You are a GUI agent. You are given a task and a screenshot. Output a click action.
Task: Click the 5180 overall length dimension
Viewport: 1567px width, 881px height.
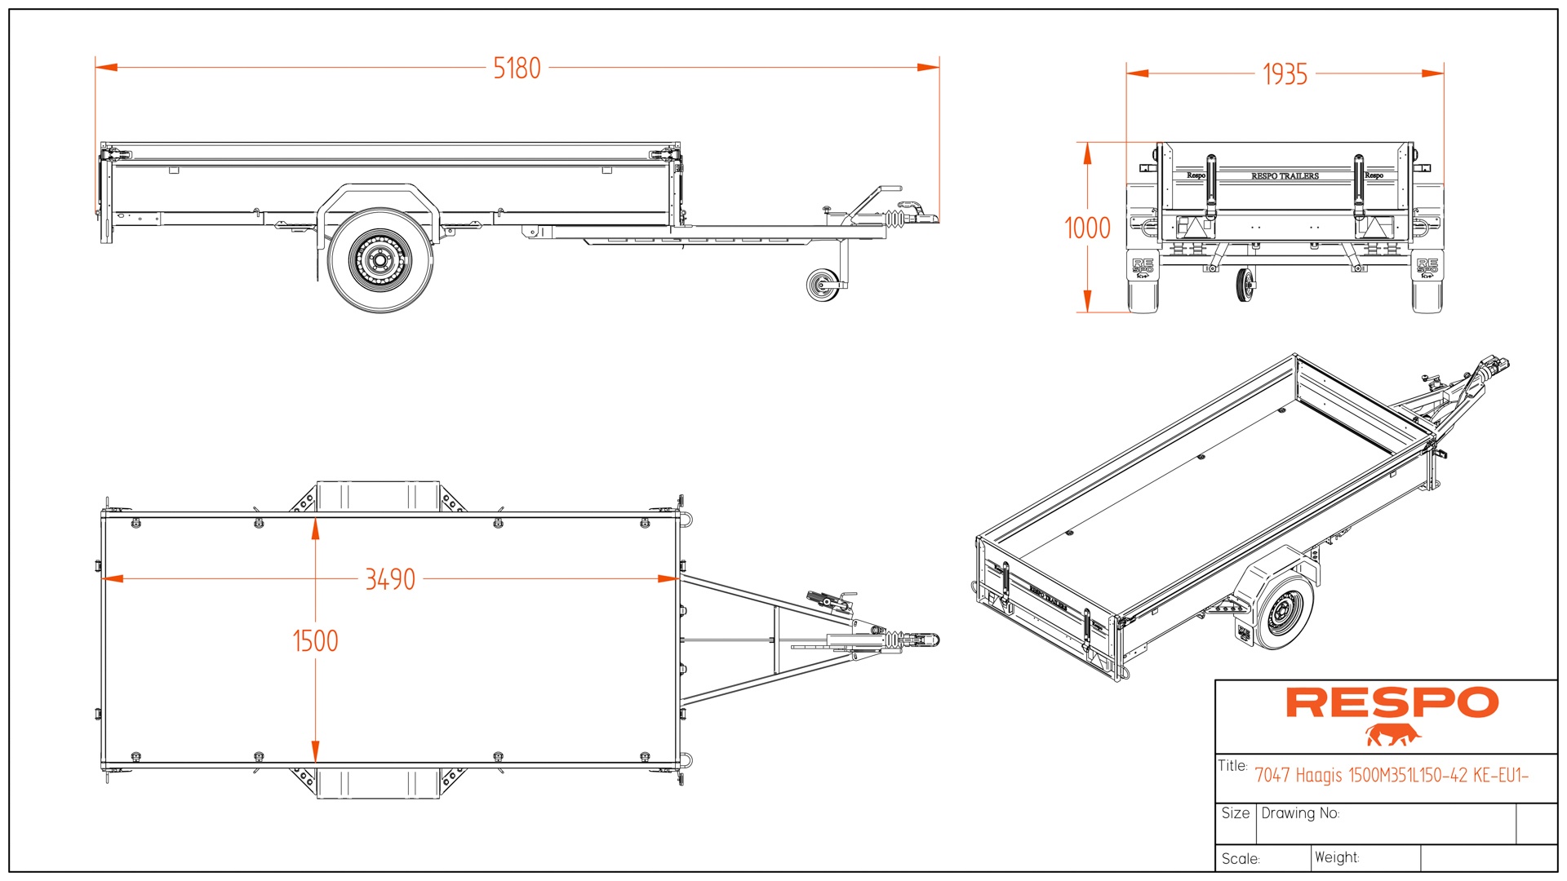click(x=517, y=69)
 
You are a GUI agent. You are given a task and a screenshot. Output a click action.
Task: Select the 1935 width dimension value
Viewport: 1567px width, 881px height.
click(x=1285, y=75)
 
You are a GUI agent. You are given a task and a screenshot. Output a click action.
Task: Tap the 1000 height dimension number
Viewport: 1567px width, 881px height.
click(x=1087, y=228)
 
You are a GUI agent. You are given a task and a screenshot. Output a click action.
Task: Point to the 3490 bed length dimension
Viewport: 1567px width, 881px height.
click(x=390, y=580)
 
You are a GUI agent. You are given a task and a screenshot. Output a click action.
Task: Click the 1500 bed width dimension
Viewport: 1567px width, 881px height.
click(x=315, y=641)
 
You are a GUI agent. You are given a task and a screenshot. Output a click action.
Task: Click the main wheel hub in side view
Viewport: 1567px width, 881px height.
click(x=380, y=261)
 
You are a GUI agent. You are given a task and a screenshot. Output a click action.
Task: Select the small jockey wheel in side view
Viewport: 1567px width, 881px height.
click(x=823, y=285)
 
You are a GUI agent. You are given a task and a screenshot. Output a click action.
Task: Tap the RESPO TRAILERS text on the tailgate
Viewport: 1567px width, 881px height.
click(x=1285, y=176)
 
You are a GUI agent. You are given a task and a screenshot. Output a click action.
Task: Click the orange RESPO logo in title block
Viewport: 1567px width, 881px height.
click(x=1392, y=703)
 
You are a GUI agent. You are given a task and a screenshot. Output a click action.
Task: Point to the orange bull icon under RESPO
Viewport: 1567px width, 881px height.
click(x=1392, y=735)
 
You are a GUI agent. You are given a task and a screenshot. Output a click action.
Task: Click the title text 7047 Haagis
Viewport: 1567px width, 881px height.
click(x=1391, y=776)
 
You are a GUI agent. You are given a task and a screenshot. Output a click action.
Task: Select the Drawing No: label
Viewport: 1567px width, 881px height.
click(x=1300, y=813)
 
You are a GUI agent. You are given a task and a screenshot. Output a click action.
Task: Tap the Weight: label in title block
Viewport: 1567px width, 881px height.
click(x=1337, y=857)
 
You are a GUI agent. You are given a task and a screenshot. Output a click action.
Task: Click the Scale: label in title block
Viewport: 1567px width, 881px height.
click(x=1241, y=859)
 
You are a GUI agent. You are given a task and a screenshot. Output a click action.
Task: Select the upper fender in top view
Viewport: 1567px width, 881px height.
click(x=378, y=496)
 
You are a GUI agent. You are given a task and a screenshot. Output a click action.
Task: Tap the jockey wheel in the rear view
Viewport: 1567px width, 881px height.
click(x=1245, y=285)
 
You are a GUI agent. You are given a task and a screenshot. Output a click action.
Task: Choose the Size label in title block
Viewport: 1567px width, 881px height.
click(x=1235, y=813)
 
